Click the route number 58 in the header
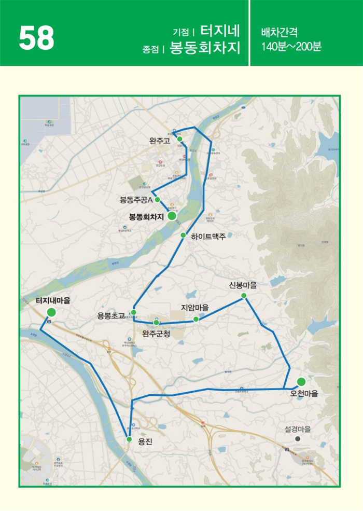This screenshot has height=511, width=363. [x=36, y=37]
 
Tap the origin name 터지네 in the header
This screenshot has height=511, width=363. [x=220, y=30]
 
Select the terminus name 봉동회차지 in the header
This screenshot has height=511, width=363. [x=205, y=48]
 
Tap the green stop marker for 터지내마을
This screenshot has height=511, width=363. [x=51, y=312]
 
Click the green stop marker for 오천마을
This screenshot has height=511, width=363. [x=301, y=382]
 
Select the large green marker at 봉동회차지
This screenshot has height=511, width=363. [x=172, y=216]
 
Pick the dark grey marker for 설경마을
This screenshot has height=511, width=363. [x=298, y=438]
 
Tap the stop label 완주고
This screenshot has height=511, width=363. [x=159, y=141]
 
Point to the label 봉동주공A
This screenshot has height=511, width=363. [x=136, y=200]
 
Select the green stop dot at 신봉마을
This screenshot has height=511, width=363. [x=243, y=296]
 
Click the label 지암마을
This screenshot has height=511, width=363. [x=195, y=308]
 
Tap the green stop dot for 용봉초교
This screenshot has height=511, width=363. [x=133, y=312]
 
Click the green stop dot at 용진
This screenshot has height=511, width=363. [x=129, y=439]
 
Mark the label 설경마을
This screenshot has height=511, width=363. [x=298, y=429]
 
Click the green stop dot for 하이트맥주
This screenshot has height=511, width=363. [x=183, y=235]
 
